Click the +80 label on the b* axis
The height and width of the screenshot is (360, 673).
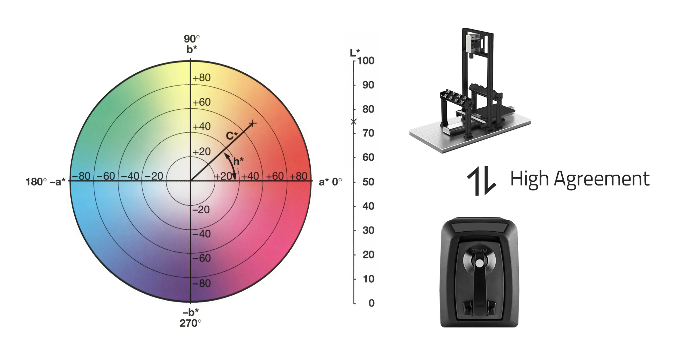click(x=202, y=78)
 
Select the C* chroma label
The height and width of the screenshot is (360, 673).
click(x=232, y=136)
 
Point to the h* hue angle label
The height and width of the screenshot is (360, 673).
click(x=238, y=161)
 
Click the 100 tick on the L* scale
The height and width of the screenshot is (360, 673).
click(x=366, y=61)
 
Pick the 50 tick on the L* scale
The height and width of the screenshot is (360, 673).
click(x=368, y=182)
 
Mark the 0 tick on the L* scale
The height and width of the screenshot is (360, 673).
click(x=371, y=303)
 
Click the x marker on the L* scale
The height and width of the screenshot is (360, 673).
click(x=354, y=122)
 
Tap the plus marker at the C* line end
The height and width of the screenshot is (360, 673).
click(x=253, y=123)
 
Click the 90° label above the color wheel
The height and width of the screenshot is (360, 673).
click(x=192, y=39)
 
